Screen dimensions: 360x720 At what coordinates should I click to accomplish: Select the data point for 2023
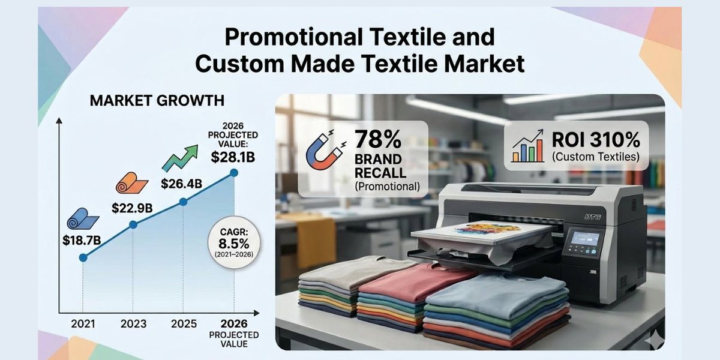(x=133, y=224)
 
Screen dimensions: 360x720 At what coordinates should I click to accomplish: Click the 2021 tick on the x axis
(x=83, y=324)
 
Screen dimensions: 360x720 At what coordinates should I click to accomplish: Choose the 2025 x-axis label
(x=184, y=324)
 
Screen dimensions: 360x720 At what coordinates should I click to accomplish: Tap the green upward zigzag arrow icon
(x=181, y=158)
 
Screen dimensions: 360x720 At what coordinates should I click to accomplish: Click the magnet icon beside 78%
(x=325, y=152)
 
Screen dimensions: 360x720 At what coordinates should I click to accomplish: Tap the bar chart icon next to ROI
(x=526, y=146)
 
